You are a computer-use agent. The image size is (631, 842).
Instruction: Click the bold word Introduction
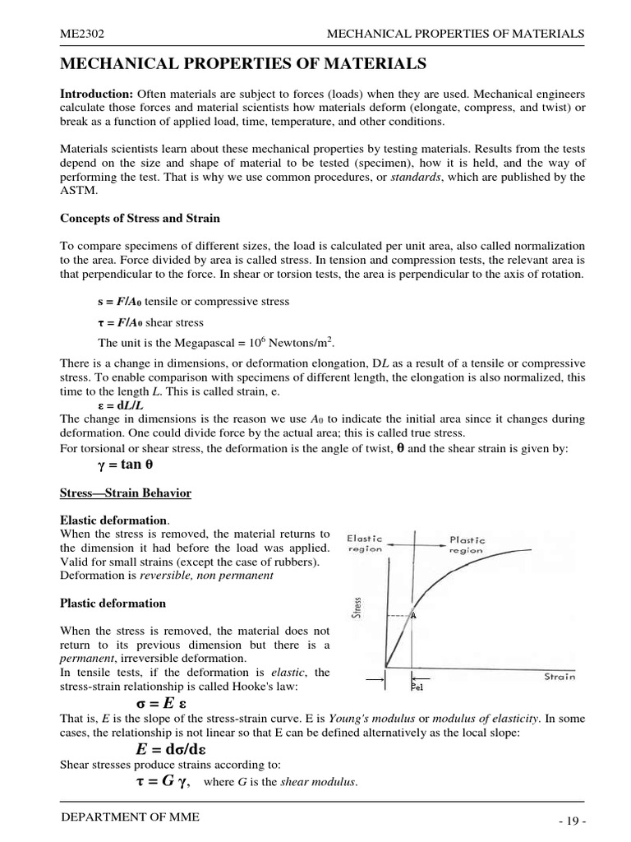coord(97,93)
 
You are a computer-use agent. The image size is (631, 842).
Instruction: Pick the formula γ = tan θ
coord(126,465)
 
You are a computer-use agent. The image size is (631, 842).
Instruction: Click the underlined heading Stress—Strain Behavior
coord(126,493)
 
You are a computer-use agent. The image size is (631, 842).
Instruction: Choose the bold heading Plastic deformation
coord(113,603)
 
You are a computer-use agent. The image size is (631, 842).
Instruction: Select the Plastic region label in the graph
coord(467,545)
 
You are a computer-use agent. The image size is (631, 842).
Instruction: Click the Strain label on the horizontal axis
coord(560,677)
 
